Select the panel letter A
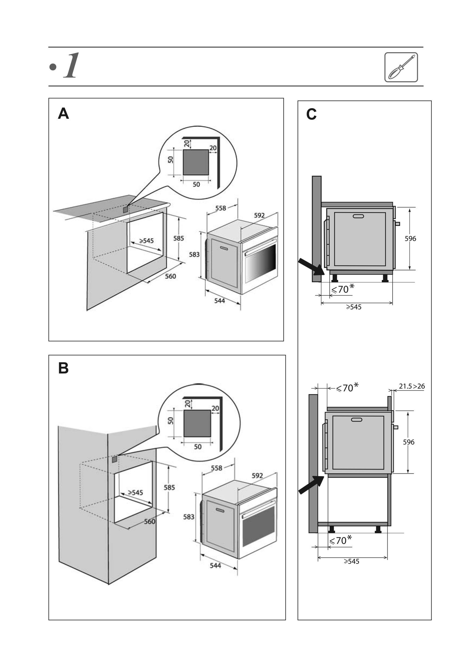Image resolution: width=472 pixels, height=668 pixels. point(63,114)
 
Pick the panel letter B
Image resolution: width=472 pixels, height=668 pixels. point(63,368)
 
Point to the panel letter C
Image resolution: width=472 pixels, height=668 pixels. point(311,114)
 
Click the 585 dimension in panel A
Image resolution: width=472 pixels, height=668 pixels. point(179,238)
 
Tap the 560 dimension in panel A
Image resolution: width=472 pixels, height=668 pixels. point(170,276)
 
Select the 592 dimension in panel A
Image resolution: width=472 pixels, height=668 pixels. point(259,215)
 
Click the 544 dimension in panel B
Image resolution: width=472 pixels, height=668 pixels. point(215,565)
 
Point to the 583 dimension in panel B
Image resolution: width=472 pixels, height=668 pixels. point(189,517)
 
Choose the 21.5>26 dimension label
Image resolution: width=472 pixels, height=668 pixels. point(412,386)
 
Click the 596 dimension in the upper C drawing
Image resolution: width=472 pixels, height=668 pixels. point(410,238)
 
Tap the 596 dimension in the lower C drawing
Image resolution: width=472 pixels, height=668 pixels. point(408,442)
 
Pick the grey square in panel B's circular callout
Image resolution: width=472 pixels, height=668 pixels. point(197,423)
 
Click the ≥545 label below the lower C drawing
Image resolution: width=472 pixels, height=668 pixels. point(351,561)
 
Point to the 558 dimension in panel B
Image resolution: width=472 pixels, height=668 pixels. point(216,468)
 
